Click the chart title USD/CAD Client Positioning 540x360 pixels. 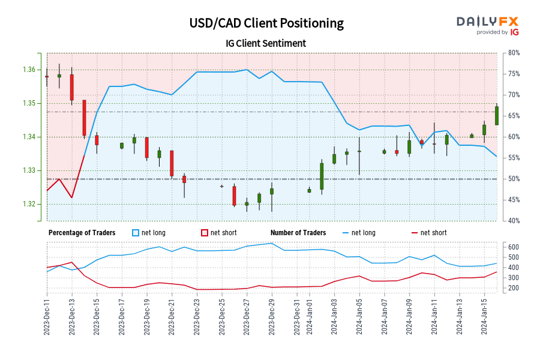tap(266, 23)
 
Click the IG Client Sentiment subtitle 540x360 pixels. tap(266, 43)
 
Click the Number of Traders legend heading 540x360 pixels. tap(298, 233)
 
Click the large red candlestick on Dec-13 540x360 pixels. tap(71, 87)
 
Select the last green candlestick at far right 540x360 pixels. tap(497, 115)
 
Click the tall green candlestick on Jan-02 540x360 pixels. tap(322, 176)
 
